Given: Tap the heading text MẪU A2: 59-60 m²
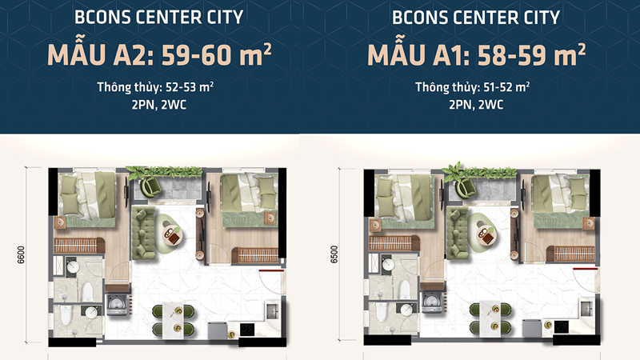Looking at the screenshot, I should tap(159, 55).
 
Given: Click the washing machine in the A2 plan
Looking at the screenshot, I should tap(118, 302).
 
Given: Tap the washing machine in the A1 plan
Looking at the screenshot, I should tap(432, 302).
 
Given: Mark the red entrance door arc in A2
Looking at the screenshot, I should tap(271, 280).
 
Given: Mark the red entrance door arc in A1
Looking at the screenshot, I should tap(586, 280).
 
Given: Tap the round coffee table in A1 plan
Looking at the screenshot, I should tap(486, 232).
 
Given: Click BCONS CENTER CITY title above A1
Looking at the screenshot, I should tap(476, 18).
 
